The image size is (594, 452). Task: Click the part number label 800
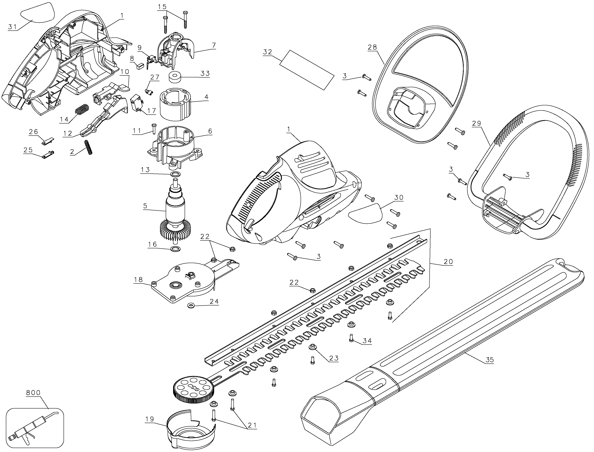[x=33, y=393]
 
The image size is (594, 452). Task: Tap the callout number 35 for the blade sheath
[x=490, y=360]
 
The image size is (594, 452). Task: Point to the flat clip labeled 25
[x=48, y=155]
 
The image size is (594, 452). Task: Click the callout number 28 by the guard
[x=372, y=47]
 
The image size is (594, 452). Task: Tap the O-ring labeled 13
[x=175, y=174]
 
